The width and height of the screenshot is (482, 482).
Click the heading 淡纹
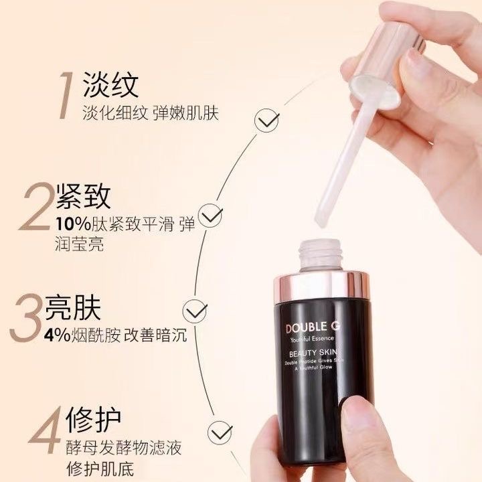pos(110,86)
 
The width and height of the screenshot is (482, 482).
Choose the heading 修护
pos(94,420)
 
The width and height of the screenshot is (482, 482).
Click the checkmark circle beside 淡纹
pos(268,121)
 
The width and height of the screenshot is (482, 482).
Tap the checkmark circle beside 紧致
pos(212,216)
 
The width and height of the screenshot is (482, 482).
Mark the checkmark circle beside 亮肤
pos(195,311)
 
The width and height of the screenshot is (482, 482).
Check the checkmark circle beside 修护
pos(220,429)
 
